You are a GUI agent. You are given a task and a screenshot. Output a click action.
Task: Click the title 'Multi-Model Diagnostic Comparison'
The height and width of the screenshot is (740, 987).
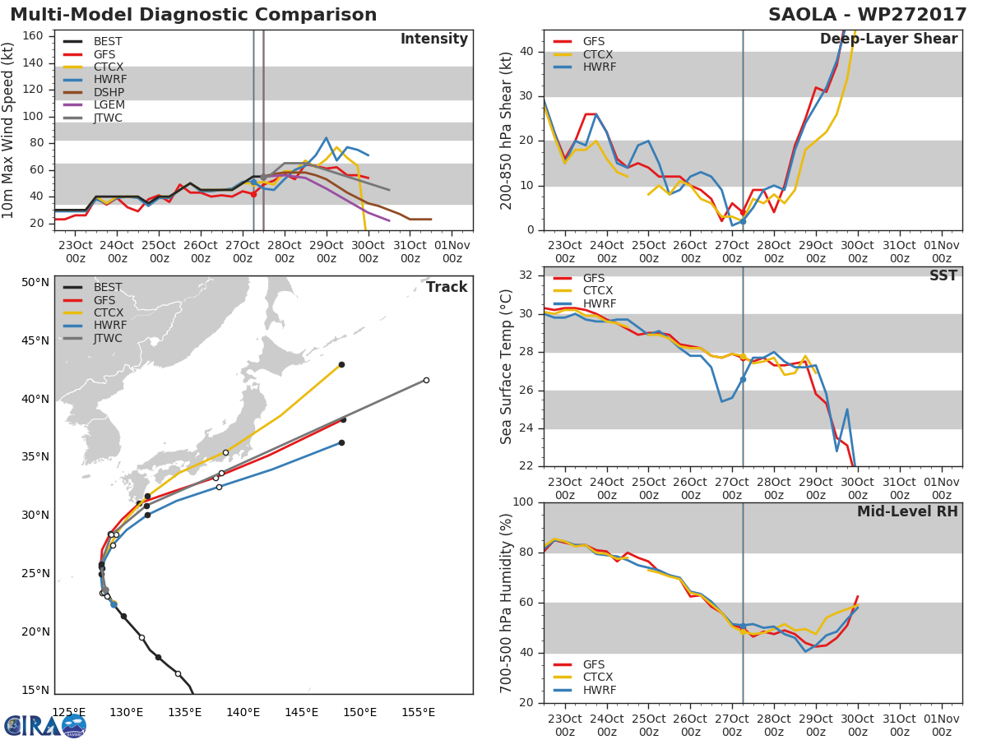(x=193, y=15)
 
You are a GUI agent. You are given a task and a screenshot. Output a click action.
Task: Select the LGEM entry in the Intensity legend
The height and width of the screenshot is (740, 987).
(x=108, y=105)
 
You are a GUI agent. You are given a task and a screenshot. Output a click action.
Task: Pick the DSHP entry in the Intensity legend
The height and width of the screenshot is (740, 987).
(x=108, y=92)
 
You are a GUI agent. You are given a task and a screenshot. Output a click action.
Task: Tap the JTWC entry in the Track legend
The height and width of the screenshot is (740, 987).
(x=108, y=338)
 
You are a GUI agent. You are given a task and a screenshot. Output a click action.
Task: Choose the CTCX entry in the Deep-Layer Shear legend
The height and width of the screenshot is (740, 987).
(x=596, y=54)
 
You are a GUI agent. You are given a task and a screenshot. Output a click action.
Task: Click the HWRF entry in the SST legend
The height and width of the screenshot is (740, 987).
(x=598, y=303)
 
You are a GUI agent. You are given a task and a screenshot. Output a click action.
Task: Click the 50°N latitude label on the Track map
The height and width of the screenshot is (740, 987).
(x=35, y=283)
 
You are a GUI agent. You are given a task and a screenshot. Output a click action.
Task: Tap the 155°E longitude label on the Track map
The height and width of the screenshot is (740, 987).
(x=418, y=712)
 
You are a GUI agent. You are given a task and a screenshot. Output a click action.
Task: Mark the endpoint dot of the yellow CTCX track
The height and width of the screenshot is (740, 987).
(x=341, y=364)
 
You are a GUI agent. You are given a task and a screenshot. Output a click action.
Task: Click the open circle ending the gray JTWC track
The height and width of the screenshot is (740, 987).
(x=426, y=380)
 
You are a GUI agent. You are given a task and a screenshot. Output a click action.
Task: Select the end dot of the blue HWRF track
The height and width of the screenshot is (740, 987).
(x=341, y=442)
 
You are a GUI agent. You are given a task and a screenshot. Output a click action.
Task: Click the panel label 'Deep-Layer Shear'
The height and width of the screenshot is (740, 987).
(x=888, y=39)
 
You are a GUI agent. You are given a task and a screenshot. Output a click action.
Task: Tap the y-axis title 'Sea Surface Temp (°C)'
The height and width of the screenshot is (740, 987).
(x=507, y=367)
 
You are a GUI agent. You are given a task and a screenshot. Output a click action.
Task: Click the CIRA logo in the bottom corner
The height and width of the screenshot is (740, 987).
(x=45, y=725)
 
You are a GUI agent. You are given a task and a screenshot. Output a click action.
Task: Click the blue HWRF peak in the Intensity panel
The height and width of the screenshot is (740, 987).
(x=326, y=137)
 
